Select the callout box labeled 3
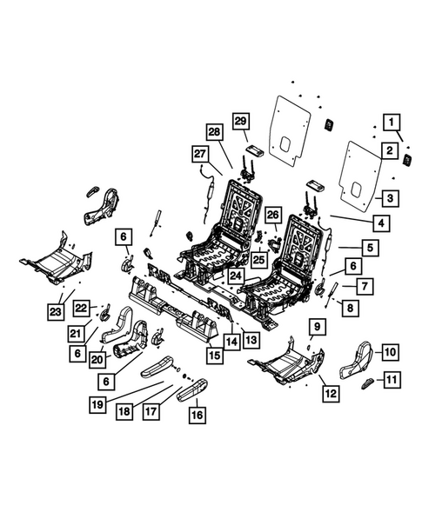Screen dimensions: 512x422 coord(392,198)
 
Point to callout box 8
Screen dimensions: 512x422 coord(350,306)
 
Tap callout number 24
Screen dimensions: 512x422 coord(234,276)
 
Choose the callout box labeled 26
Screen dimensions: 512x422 coord(272,216)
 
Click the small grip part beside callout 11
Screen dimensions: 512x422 coord(368,381)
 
